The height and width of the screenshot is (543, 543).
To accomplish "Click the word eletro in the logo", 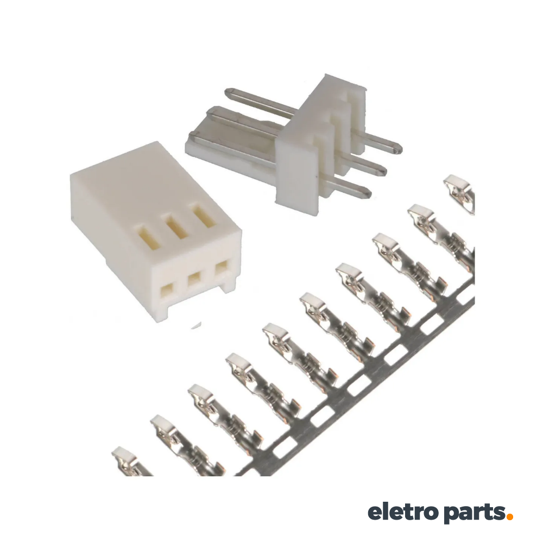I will (x=402, y=512).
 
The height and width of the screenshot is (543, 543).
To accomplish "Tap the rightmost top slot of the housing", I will (x=203, y=216).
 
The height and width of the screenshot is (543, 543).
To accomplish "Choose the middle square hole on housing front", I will (x=194, y=280).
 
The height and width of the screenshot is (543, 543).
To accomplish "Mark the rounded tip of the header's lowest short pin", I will (x=367, y=192).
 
